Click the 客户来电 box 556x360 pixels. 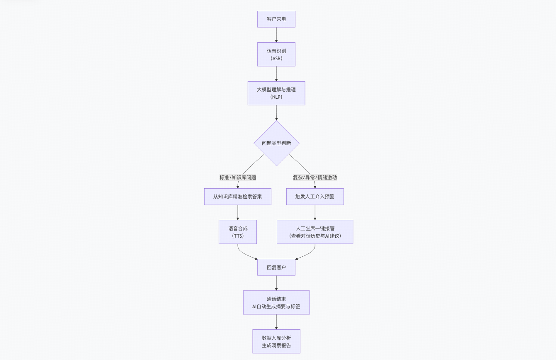[276, 19]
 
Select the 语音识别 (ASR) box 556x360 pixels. [276, 54]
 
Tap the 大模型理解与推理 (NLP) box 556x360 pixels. [276, 93]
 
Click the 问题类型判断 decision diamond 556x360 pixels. [276, 143]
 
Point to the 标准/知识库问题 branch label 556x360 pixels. [238, 177]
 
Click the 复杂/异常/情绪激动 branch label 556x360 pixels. [315, 177]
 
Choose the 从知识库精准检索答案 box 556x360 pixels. [238, 197]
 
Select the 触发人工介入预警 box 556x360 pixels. [315, 197]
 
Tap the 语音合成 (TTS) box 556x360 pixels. [238, 232]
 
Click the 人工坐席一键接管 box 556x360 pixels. [315, 228]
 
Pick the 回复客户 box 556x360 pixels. [276, 267]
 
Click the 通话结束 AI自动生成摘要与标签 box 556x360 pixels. [276, 302]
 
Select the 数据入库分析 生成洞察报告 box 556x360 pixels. [276, 341]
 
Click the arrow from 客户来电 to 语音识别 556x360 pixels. [276, 35]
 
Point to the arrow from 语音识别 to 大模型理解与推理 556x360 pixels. [276, 73]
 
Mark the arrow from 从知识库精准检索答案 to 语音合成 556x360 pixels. [238, 212]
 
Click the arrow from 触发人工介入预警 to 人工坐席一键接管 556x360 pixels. [315, 212]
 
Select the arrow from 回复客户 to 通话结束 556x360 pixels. [276, 283]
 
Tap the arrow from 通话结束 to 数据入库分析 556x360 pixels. [276, 322]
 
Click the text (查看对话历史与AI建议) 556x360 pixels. [315, 236]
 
